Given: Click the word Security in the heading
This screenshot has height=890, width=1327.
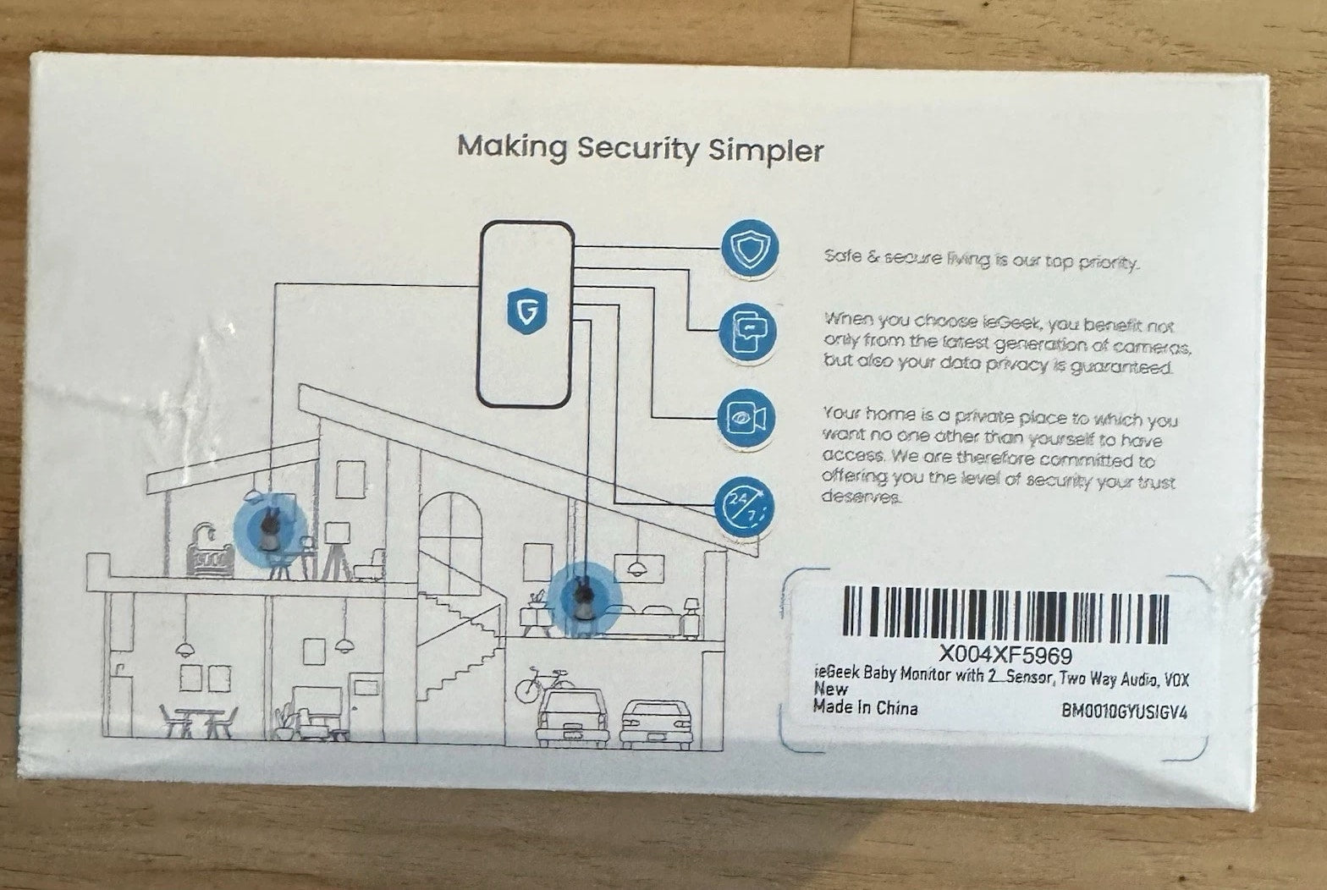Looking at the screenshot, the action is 638,149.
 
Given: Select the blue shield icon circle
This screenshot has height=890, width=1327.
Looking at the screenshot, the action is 750,248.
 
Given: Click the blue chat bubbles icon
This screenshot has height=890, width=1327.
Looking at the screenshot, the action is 747,332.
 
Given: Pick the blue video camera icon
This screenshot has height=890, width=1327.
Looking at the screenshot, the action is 746,417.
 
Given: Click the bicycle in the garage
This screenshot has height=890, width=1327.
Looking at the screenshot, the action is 544,685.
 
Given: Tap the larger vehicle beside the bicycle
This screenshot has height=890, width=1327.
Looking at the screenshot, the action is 572,717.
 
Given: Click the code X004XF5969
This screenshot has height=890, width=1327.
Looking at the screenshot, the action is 1005,655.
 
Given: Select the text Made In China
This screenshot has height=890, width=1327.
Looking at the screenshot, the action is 865,707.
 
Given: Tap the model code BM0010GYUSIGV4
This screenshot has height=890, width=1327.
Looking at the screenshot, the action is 1125,711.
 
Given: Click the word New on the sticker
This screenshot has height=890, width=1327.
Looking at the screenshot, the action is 830,689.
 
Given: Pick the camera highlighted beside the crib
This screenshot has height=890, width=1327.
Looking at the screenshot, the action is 269,528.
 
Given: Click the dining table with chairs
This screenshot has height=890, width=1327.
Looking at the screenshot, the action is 199,721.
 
